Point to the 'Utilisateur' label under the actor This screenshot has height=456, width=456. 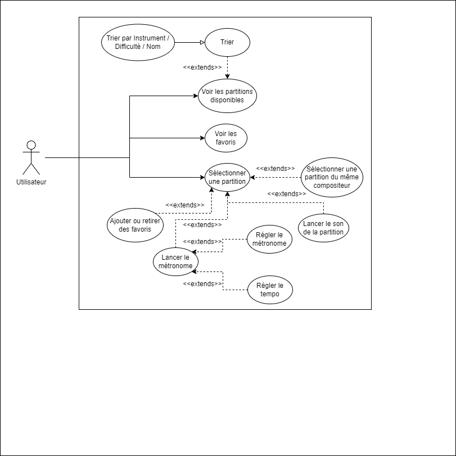pyautogui.click(x=31, y=182)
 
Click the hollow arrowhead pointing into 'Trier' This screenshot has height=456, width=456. pyautogui.click(x=202, y=43)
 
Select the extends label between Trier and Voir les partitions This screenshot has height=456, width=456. pyautogui.click(x=202, y=67)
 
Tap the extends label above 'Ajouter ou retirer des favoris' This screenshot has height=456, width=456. pyautogui.click(x=185, y=205)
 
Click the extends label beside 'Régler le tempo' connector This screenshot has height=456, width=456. pyautogui.click(x=202, y=283)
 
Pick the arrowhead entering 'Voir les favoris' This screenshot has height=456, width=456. pyautogui.click(x=203, y=138)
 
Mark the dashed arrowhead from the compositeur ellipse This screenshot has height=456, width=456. pyautogui.click(x=252, y=177)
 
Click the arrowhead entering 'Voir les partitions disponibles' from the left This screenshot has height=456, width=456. pyautogui.click(x=196, y=96)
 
